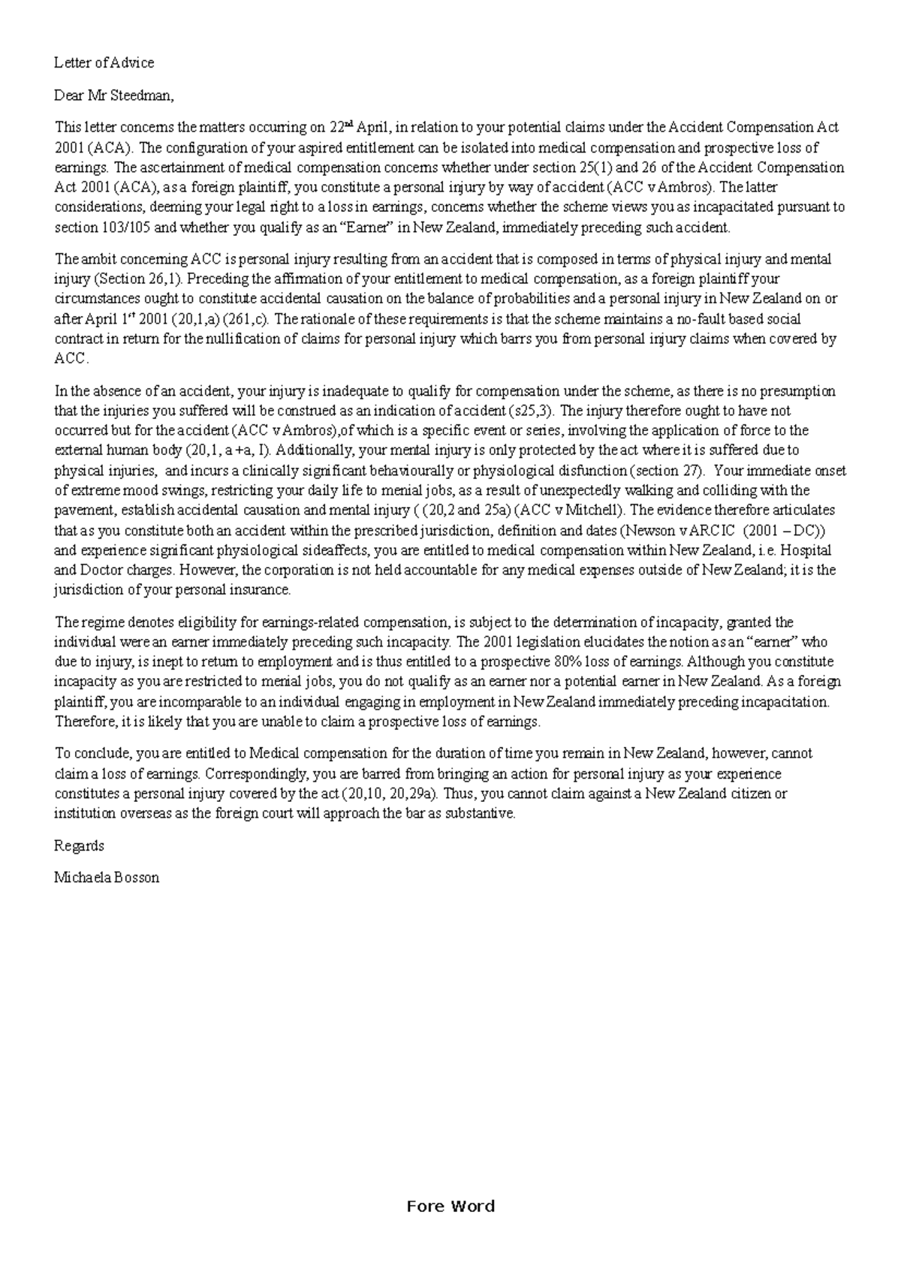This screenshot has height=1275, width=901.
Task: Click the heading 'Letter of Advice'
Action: point(104,63)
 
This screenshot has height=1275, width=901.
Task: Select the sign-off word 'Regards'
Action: point(79,846)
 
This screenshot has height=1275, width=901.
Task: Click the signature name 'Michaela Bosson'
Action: point(107,878)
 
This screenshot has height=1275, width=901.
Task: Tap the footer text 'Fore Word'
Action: point(450,1207)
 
